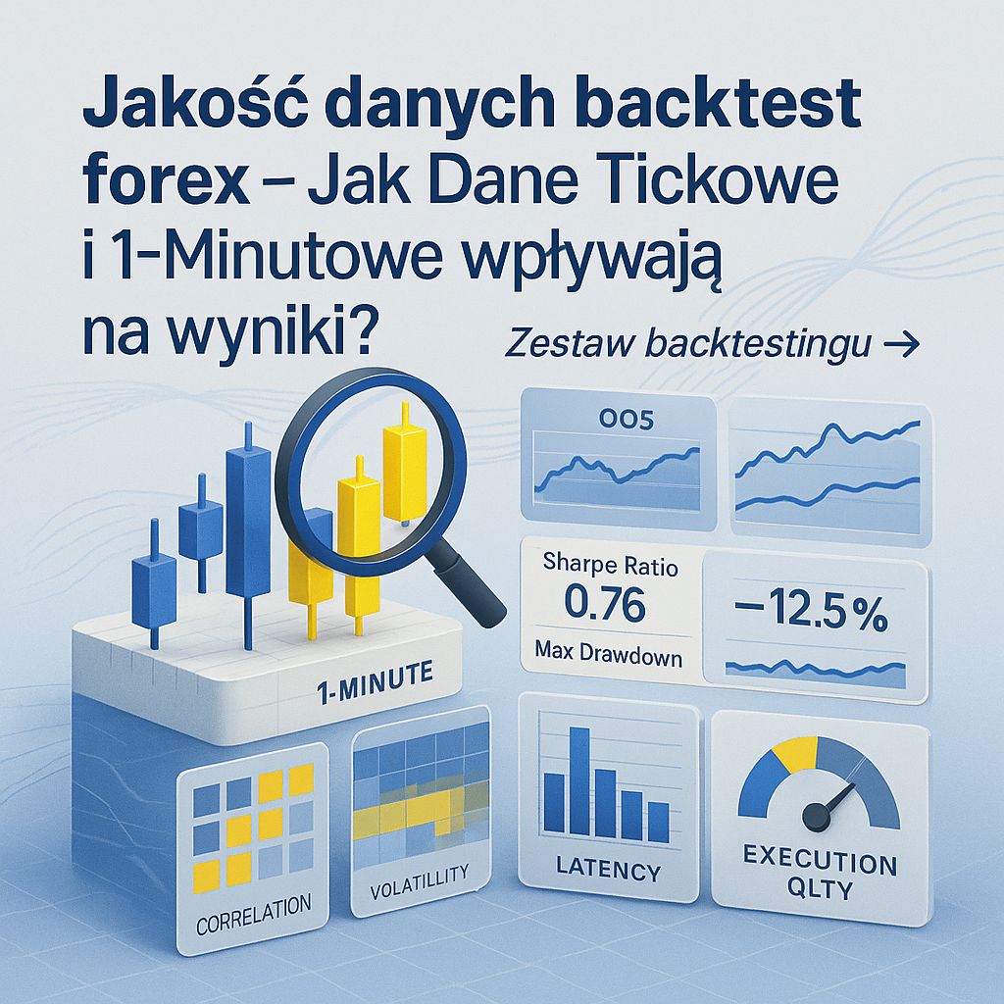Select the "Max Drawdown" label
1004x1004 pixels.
point(609,657)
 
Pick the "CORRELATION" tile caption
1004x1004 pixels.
point(254,903)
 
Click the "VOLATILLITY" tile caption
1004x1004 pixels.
point(421,872)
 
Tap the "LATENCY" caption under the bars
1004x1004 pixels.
point(608,869)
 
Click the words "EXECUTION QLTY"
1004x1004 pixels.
point(820,876)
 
